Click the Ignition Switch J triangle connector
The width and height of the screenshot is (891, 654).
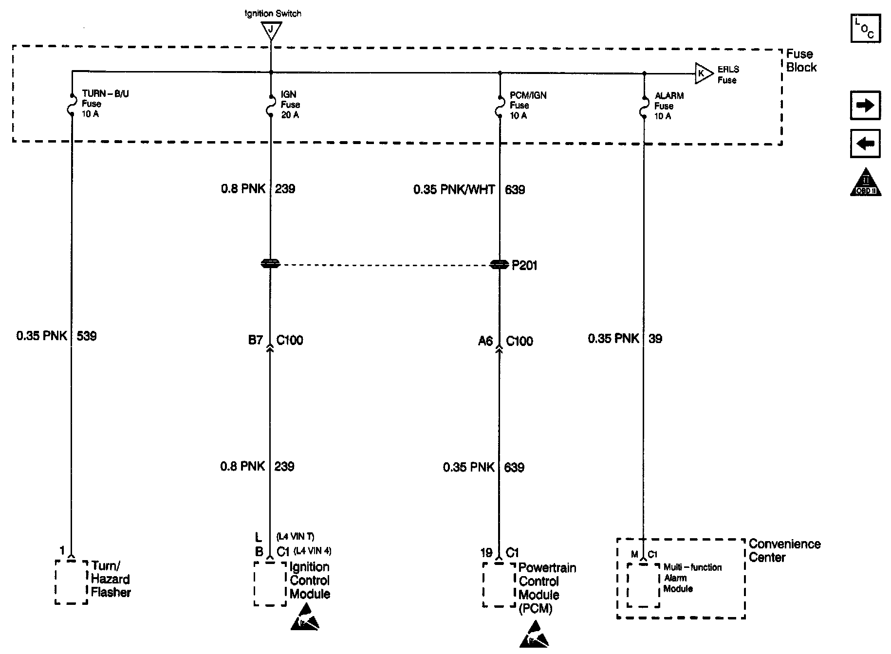click(x=271, y=30)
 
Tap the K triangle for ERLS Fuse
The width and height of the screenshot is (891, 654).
click(x=703, y=73)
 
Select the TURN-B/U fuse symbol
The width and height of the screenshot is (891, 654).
click(x=72, y=105)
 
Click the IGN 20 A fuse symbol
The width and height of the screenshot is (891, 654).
click(x=271, y=106)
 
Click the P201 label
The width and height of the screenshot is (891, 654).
click(x=524, y=265)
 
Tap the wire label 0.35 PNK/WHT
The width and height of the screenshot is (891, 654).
click(x=454, y=190)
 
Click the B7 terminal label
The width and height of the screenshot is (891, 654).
click(x=256, y=340)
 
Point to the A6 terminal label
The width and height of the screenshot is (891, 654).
click(x=485, y=341)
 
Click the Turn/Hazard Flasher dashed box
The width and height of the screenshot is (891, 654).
click(x=71, y=582)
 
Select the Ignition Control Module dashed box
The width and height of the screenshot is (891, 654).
click(x=270, y=584)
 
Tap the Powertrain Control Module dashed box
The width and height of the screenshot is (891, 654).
click(x=499, y=585)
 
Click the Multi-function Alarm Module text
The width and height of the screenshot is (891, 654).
click(x=692, y=578)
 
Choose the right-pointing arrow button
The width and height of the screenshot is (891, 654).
click(x=865, y=105)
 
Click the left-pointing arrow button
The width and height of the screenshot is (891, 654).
click(x=865, y=144)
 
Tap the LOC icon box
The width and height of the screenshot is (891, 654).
click(x=865, y=28)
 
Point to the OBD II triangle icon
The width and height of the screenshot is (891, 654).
click(x=866, y=183)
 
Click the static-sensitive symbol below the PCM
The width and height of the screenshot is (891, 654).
click(x=534, y=636)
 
